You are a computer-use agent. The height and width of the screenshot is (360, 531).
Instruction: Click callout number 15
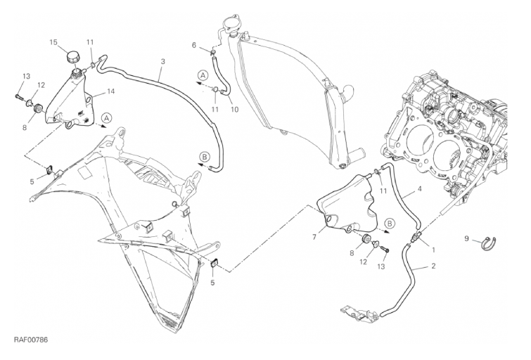(x=53, y=42)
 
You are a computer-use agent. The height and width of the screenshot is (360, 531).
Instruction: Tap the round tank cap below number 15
(x=74, y=56)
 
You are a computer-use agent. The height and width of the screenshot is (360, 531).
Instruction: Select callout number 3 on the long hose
(x=163, y=62)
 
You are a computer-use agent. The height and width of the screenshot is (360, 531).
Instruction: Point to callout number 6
(x=194, y=45)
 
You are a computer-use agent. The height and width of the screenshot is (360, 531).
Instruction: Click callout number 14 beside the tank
(x=111, y=91)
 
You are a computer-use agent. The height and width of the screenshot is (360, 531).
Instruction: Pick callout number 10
(x=235, y=110)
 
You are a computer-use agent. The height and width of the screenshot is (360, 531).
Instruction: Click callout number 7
(x=314, y=238)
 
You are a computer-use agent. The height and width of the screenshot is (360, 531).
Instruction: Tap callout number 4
(x=420, y=188)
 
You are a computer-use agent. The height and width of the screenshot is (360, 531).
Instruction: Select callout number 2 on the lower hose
(x=433, y=266)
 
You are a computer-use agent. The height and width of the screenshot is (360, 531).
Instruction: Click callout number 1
(x=433, y=250)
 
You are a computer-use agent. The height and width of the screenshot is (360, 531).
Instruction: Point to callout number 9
(x=467, y=239)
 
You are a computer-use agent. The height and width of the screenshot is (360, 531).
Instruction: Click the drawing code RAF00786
(x=31, y=340)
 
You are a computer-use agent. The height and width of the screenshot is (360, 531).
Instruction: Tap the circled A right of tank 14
(x=107, y=118)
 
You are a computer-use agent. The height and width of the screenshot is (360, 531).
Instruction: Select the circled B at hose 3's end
(x=205, y=157)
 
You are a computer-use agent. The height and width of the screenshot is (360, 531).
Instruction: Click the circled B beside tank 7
(x=390, y=223)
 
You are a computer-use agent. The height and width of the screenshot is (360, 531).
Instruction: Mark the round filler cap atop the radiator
(x=230, y=24)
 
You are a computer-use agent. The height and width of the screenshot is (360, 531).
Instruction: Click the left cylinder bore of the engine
(x=418, y=139)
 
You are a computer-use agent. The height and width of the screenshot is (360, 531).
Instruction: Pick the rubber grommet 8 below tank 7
(x=366, y=239)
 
